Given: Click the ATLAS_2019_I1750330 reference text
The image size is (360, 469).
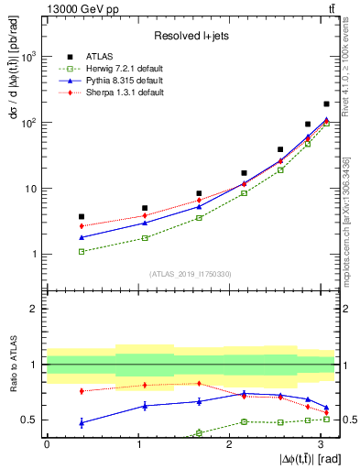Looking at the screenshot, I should tap(191, 274).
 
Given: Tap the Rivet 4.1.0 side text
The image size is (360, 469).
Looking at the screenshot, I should tap(351, 74).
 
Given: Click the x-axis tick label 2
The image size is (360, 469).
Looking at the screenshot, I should tap(229, 444).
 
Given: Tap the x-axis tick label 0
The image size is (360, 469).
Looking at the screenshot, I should tap(47, 444).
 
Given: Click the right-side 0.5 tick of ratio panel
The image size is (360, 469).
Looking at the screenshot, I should tap(347, 420).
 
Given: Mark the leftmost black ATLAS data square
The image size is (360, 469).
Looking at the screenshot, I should tap(82, 216).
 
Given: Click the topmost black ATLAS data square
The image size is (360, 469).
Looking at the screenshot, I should tap(327, 104).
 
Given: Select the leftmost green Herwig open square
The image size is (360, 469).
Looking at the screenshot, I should tap(82, 251).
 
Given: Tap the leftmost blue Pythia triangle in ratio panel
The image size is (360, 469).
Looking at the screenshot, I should tap(82, 422).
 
